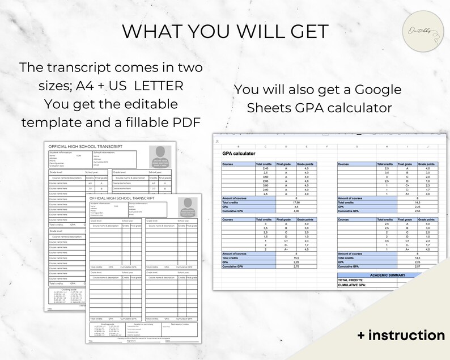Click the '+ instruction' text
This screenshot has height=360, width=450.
tap(401, 335)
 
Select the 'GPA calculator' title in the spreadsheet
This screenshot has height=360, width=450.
tap(239, 154)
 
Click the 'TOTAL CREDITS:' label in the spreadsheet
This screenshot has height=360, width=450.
tap(352, 280)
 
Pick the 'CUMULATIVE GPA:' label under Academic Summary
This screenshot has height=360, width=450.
tap(354, 285)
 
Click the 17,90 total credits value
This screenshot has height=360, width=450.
tap(285, 202)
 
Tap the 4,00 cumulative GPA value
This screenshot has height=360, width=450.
tap(285, 211)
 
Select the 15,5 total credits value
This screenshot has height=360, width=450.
tap(285, 257)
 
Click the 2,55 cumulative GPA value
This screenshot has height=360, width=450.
tap(401, 211)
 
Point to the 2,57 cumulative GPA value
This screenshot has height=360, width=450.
tap(401, 266)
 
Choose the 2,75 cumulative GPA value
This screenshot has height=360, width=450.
tap(285, 266)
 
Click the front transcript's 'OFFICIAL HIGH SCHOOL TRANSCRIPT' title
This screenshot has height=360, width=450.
tap(126, 198)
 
